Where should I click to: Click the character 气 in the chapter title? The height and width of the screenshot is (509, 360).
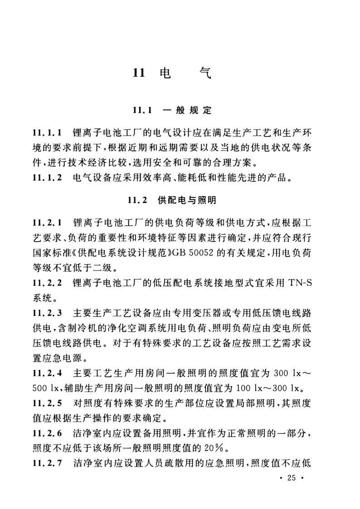point(204,73)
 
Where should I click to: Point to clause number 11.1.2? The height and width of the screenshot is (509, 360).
point(47,179)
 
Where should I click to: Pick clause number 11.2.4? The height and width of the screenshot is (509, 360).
point(47,373)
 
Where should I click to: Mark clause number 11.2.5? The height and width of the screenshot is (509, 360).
point(47,403)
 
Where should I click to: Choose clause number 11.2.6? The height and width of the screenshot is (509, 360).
point(47,432)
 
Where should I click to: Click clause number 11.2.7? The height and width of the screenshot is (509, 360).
point(47,462)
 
